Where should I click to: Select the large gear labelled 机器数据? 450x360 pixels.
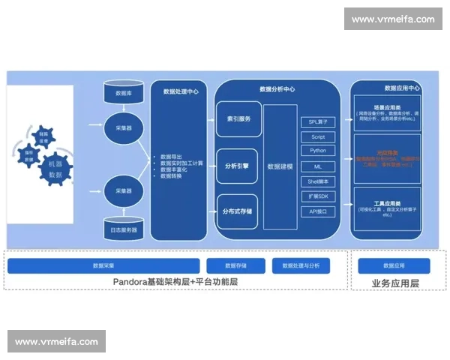click(x=55, y=169)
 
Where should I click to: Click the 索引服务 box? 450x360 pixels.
click(x=238, y=119)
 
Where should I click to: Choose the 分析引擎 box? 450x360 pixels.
click(x=238, y=166)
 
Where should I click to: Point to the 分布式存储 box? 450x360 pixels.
click(x=238, y=211)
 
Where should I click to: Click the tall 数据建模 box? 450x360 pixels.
click(x=280, y=166)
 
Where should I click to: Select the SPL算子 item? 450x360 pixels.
click(x=319, y=121)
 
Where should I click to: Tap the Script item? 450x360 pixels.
click(x=319, y=137)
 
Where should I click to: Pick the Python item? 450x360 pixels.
click(x=319, y=151)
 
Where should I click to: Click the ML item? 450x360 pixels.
click(x=319, y=166)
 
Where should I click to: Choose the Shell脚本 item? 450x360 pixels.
click(x=319, y=181)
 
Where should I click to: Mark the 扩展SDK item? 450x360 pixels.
click(x=319, y=196)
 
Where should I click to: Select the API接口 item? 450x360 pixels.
click(x=319, y=211)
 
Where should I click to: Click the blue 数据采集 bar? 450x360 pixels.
click(x=103, y=265)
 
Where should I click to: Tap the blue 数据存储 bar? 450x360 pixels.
click(x=235, y=265)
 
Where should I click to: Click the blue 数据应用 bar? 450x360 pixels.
click(x=394, y=265)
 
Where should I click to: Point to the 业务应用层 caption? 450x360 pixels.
click(x=395, y=283)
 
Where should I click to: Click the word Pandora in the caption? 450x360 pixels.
click(x=132, y=282)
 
